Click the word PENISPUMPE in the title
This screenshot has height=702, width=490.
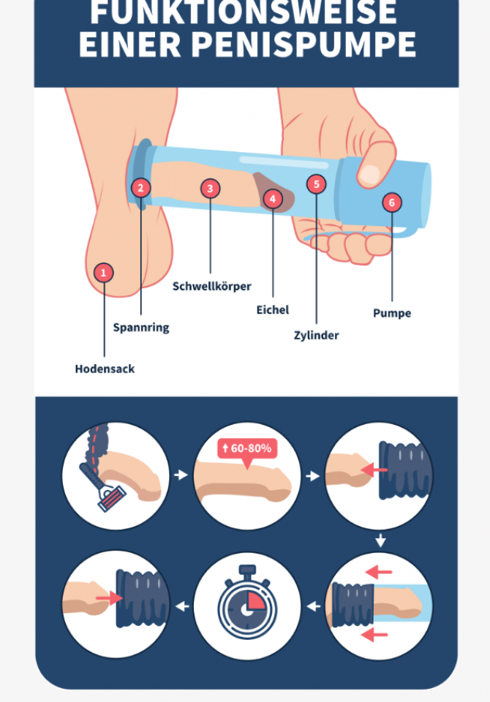pos(304,45)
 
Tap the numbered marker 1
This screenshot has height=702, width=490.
pos(103,273)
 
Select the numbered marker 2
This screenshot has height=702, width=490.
pos(140,188)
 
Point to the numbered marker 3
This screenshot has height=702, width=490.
pos(210,189)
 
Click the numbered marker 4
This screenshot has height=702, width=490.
pos(273,199)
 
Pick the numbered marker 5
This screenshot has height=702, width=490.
pos(316,184)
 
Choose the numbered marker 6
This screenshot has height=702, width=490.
pos(392,203)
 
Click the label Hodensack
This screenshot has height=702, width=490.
pos(105,369)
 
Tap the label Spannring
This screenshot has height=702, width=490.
pos(141,328)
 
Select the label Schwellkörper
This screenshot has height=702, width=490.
pos(212,287)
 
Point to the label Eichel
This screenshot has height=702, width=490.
pos(273,310)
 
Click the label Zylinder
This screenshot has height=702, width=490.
pos(316,336)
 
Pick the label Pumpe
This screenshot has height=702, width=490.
pos(392,313)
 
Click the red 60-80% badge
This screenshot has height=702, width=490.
pos(247,448)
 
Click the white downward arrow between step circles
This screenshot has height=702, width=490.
pos(380,540)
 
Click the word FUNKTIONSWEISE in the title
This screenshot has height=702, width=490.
pos(244,12)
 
